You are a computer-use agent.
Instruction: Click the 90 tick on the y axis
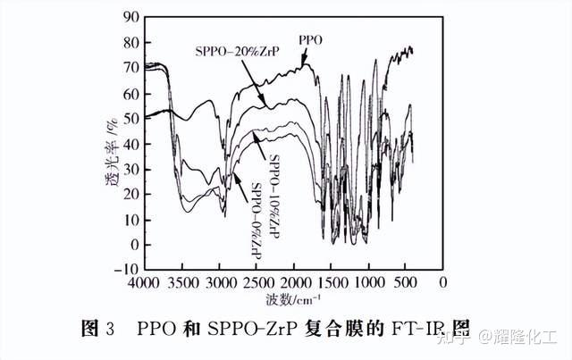pos(130,16)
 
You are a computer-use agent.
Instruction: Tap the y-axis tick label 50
pos(130,118)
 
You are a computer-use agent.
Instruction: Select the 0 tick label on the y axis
pos(133,244)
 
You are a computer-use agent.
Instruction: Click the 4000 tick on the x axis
pos(146,283)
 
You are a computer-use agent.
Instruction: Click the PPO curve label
pos(310,40)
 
